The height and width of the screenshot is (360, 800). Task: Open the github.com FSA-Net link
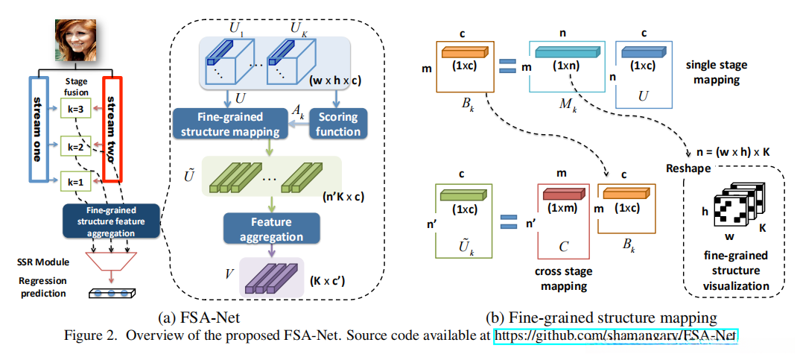[615, 336]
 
